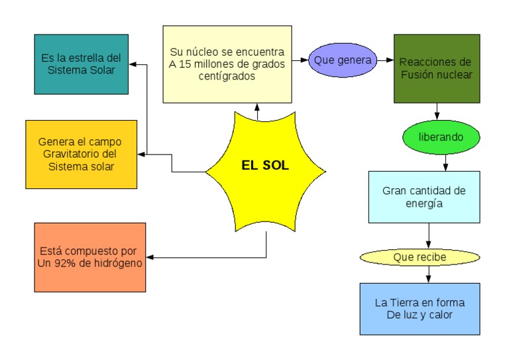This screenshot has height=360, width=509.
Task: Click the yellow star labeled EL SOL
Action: pos(265,166)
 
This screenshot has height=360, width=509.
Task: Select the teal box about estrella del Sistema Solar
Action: pos(82,64)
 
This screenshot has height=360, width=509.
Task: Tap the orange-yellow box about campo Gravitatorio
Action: pos(81,154)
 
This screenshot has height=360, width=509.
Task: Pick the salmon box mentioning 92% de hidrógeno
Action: pos(89,257)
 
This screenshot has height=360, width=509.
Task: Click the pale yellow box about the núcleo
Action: pos(227,64)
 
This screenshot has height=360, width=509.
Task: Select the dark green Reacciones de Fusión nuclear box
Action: pos(436,68)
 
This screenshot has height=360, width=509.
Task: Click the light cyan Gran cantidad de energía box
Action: pos(424,197)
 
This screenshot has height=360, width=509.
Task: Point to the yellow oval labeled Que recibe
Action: pos(419,257)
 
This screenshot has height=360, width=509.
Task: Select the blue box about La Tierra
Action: pos(420,308)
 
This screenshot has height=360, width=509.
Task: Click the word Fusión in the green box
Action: pos(417,75)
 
